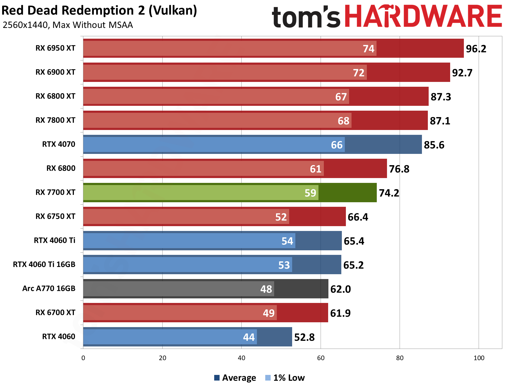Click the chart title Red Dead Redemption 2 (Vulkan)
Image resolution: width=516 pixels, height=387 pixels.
[99, 11]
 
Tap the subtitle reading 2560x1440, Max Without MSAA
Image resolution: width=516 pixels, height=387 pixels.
[68, 25]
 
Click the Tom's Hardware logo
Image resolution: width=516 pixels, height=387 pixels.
[387, 17]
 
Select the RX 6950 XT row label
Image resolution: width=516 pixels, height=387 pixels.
[55, 48]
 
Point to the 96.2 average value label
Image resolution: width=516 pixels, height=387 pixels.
[476, 49]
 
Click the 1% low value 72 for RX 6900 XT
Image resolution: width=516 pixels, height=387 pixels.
[359, 73]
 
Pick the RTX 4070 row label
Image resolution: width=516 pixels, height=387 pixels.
[59, 144]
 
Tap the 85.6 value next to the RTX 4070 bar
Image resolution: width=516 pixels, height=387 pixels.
[434, 145]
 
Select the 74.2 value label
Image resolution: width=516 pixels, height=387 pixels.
[389, 193]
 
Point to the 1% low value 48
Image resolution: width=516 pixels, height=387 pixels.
[266, 289]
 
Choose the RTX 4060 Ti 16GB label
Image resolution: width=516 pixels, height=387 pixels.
[44, 265]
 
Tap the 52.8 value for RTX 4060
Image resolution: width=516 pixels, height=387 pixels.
[304, 337]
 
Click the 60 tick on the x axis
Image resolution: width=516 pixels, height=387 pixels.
[321, 358]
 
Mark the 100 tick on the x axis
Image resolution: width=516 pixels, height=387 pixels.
[479, 358]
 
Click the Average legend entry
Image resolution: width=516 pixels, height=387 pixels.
[235, 378]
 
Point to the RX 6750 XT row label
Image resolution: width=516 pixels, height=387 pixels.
[55, 216]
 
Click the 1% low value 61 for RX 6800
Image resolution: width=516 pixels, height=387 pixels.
[316, 169]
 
